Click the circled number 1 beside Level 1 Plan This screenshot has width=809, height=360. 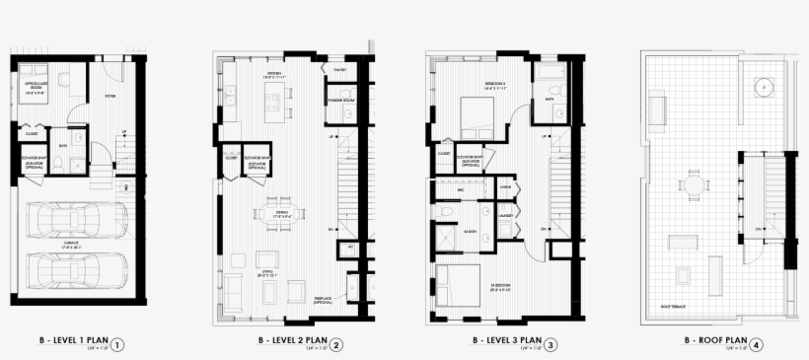(x=117, y=344)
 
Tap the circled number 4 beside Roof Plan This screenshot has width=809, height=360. (x=757, y=344)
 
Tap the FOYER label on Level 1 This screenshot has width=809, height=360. (x=110, y=96)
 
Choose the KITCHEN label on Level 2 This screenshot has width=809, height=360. (x=274, y=73)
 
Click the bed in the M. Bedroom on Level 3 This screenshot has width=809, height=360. (x=456, y=287)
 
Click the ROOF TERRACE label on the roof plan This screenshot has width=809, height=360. (x=675, y=306)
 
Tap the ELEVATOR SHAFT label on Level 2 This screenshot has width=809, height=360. (x=258, y=164)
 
